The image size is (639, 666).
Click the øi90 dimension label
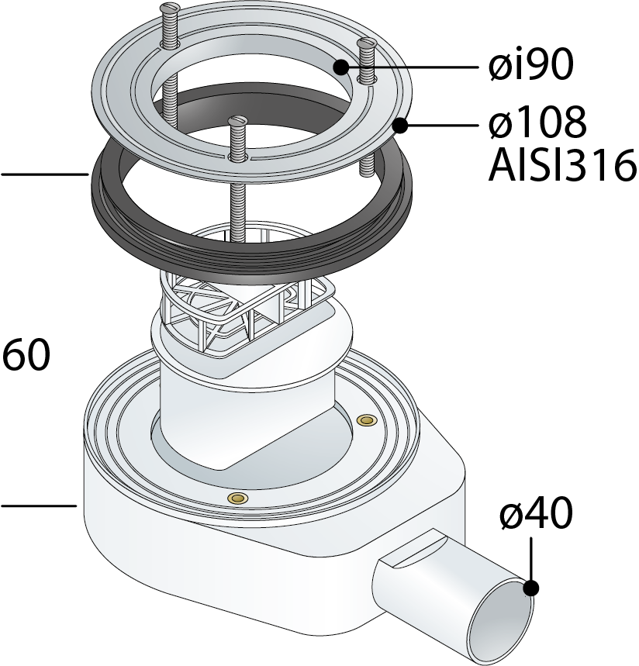point(530,64)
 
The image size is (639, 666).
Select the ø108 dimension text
point(538,123)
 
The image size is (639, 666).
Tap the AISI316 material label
point(562,165)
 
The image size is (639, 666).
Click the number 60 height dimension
point(26,354)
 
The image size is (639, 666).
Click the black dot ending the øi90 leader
point(341,67)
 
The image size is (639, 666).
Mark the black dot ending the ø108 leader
point(400,126)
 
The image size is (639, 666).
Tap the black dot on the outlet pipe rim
point(531,588)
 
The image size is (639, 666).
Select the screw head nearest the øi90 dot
point(366,43)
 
